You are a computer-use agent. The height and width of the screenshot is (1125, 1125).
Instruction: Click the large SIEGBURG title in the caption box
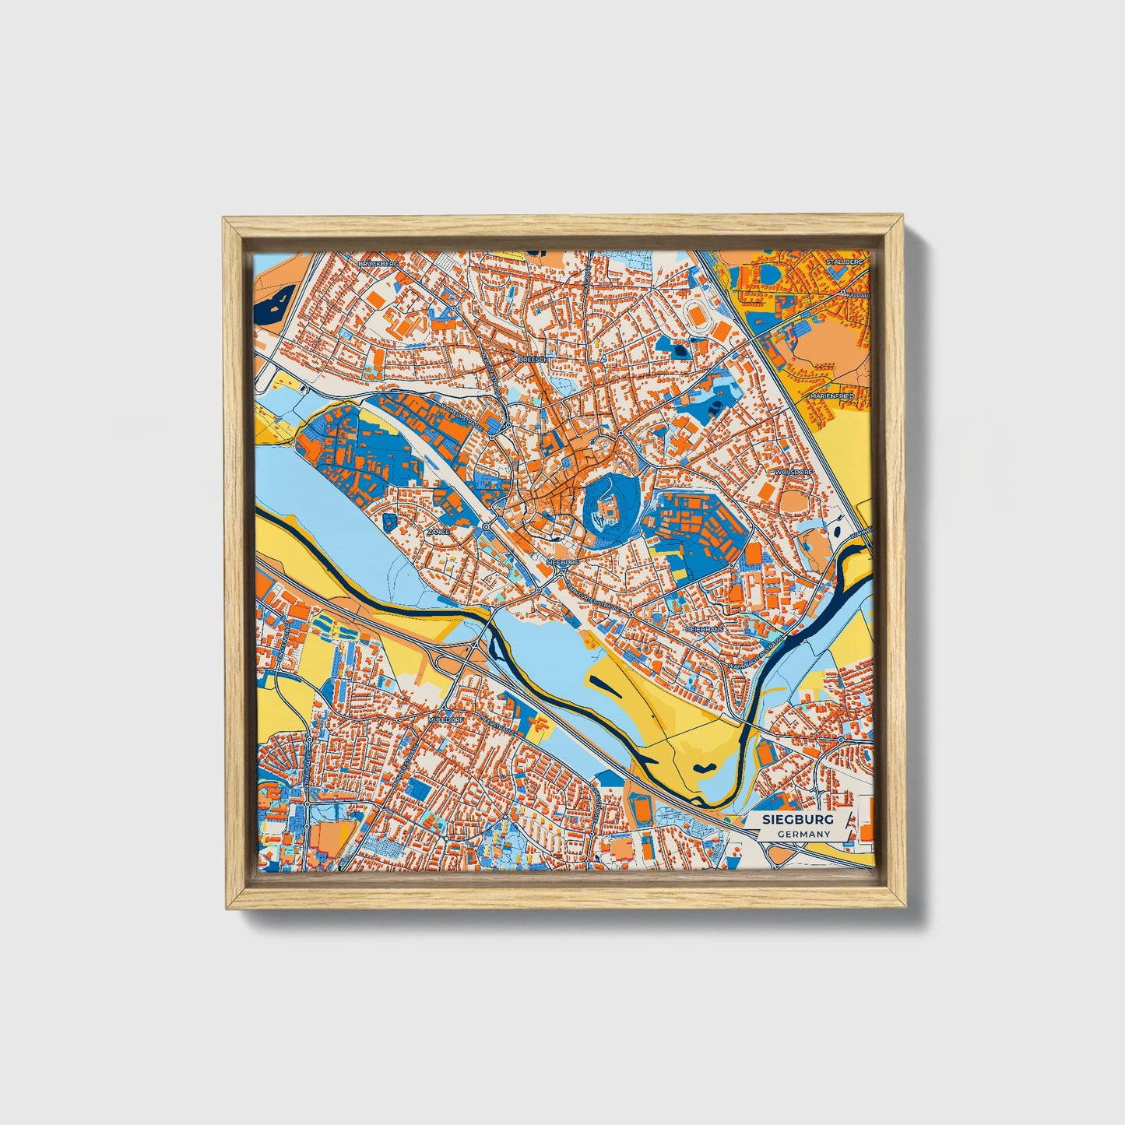pyautogui.click(x=799, y=820)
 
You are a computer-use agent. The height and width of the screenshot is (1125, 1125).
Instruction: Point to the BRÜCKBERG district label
pyautogui.click(x=378, y=265)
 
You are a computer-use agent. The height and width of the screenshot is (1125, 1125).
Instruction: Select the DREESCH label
pyautogui.click(x=535, y=360)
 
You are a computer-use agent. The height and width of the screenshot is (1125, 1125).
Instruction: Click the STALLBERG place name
pyautogui.click(x=846, y=263)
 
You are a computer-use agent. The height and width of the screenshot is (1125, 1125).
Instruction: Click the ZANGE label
pyautogui.click(x=439, y=531)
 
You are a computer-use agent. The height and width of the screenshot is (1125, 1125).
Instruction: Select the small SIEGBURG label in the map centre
pyautogui.click(x=563, y=561)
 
